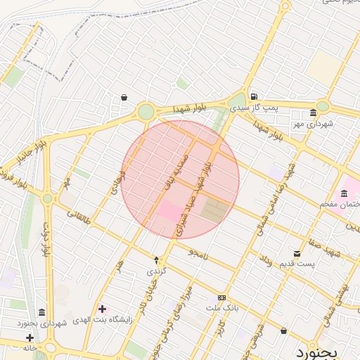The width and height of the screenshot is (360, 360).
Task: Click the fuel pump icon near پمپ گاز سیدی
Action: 253,97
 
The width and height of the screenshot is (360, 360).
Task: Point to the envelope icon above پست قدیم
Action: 297,253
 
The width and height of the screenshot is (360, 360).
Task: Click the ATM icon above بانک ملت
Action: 222,297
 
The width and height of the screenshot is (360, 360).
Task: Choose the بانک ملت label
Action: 223,308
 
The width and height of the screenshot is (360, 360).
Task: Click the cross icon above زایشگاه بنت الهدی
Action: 103,308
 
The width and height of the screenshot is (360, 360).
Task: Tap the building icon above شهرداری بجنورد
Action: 42,311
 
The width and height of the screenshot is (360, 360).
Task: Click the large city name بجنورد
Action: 317,350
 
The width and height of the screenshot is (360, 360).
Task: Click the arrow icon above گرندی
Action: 155,260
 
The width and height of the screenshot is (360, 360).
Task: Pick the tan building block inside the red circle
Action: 215,209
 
